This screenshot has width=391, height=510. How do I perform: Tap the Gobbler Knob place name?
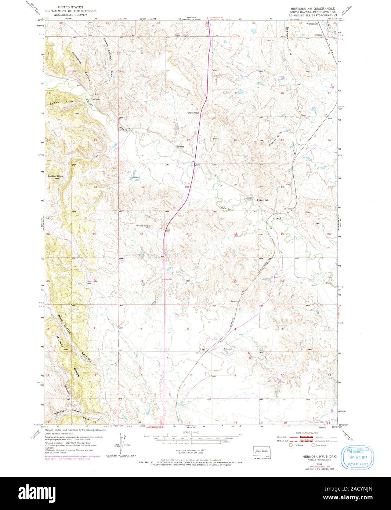click(55, 176)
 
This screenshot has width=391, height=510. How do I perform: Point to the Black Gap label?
click(193, 113)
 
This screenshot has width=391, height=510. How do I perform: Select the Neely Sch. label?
click(265, 200)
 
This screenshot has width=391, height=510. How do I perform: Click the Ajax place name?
click(202, 349)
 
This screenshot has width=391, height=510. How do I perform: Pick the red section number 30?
click(141, 234)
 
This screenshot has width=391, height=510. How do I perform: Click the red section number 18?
click(141, 140)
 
